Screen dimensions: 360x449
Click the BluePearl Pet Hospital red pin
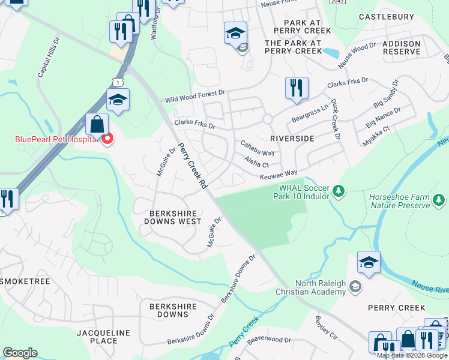[107, 140]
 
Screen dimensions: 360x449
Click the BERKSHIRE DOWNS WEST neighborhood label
[173, 217]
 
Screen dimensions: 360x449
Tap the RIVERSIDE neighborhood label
[292, 138]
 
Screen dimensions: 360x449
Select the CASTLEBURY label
[387, 17]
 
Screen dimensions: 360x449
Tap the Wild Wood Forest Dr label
[195, 96]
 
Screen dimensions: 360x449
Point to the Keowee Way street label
[278, 175]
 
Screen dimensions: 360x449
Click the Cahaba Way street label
[257, 148]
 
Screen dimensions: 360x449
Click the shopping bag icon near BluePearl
[97, 125]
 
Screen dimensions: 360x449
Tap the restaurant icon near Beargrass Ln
[297, 88]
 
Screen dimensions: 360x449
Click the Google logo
[20, 353]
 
